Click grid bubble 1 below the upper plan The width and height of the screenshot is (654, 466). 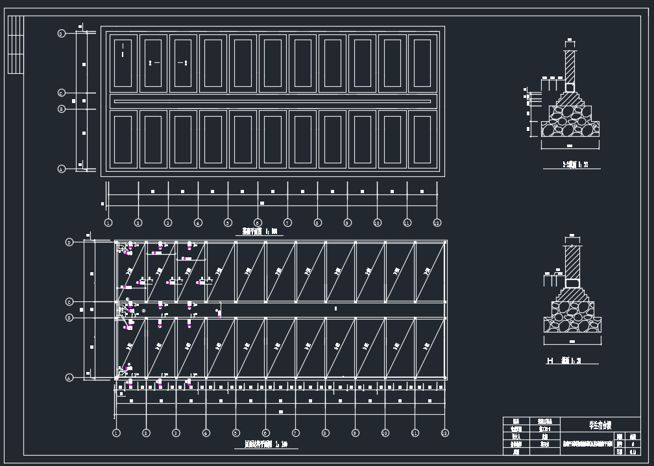[108, 223]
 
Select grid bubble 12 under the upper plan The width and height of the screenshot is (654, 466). [437, 223]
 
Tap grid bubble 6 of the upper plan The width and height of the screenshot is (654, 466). [258, 223]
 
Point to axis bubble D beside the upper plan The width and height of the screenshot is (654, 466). [61, 33]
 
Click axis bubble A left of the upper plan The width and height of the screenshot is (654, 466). [61, 169]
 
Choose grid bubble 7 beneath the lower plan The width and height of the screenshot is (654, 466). [295, 432]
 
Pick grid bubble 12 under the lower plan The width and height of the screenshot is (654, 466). [444, 432]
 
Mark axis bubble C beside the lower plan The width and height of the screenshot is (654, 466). [69, 302]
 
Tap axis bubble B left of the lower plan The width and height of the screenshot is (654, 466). [69, 318]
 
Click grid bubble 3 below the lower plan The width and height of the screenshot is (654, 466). [176, 432]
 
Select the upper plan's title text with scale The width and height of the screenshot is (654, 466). [260, 231]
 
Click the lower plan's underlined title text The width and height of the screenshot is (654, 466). [266, 445]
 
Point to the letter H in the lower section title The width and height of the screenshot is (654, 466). [550, 360]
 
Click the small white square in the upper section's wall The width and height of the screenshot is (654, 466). [570, 87]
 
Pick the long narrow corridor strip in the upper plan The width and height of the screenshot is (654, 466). [272, 101]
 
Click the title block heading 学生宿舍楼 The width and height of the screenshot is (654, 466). [599, 426]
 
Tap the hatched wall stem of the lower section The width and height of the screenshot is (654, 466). [572, 262]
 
